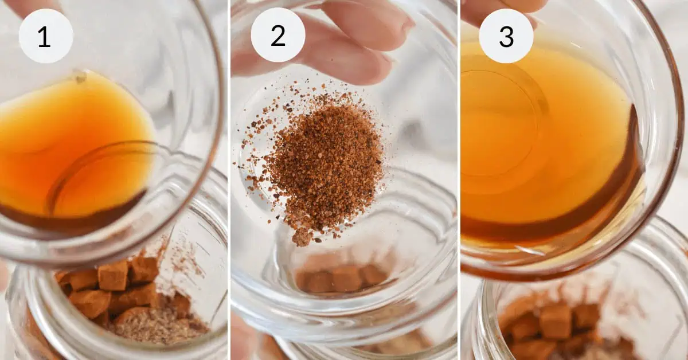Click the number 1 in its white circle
pyautogui.click(x=44, y=37)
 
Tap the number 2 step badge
pyautogui.click(x=278, y=36)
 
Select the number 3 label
pyautogui.click(x=506, y=36)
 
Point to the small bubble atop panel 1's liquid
pyautogui.click(x=80, y=77)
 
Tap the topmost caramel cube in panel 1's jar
pyautogui.click(x=113, y=275)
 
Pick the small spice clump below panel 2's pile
pyautogui.click(x=302, y=238)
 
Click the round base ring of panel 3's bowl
pyautogui.click(x=504, y=123)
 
